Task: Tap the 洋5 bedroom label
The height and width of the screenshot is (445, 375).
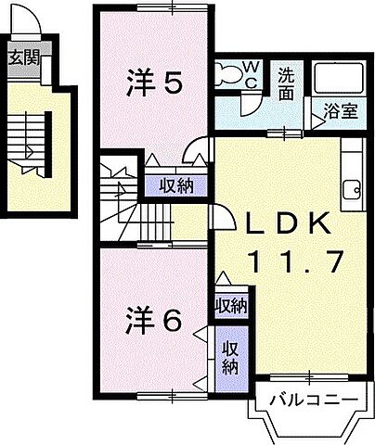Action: pyautogui.click(x=153, y=84)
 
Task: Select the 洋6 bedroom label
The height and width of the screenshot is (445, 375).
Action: pyautogui.click(x=153, y=321)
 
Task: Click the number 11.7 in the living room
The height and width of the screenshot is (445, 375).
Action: pyautogui.click(x=289, y=262)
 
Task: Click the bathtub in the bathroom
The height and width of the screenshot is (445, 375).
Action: pyautogui.click(x=337, y=81)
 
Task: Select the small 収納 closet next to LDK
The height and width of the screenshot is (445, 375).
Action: pyautogui.click(x=231, y=305)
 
